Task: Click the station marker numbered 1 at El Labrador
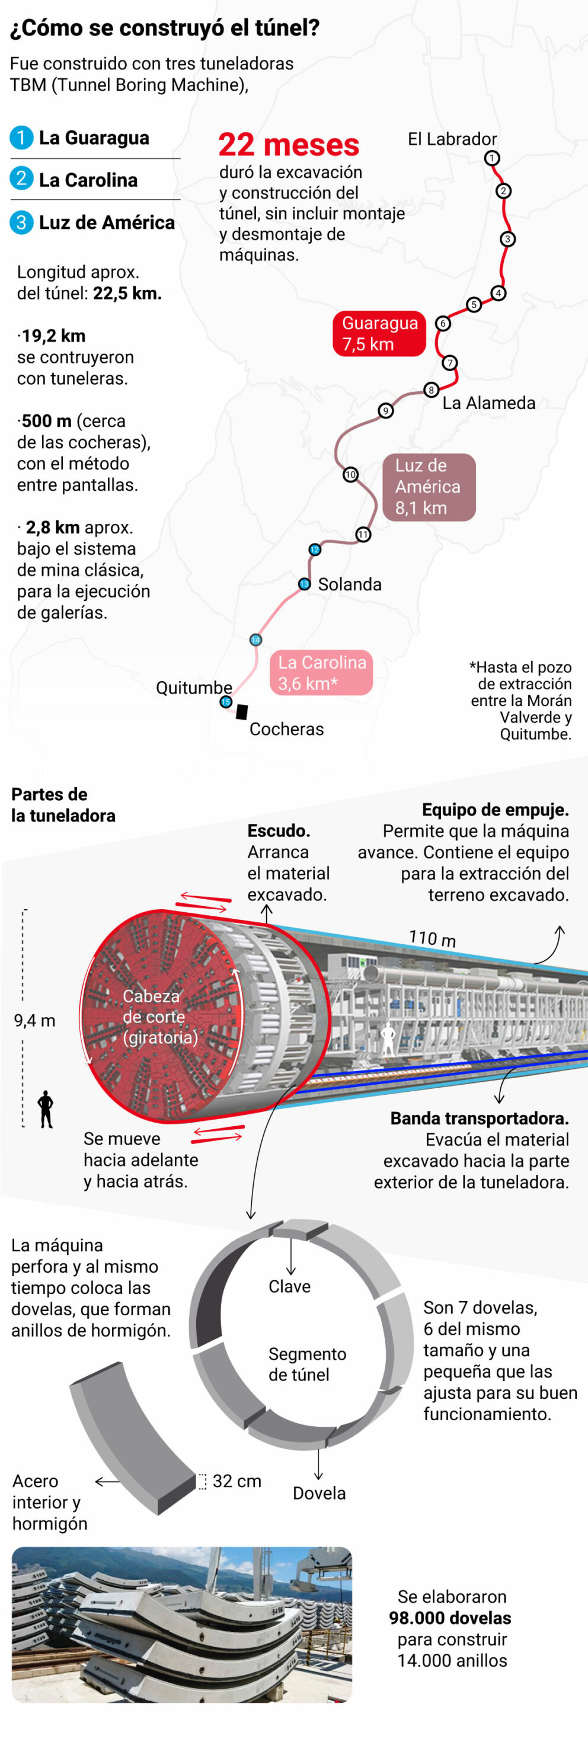(x=492, y=158)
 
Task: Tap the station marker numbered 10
(x=350, y=474)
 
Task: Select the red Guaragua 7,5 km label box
(x=379, y=333)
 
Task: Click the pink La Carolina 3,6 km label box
(x=322, y=673)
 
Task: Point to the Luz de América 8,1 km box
(x=429, y=487)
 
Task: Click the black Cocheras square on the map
(x=242, y=711)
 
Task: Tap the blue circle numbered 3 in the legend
(x=21, y=222)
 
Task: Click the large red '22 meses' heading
(x=289, y=145)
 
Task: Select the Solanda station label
(x=350, y=584)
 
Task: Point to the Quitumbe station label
(x=194, y=688)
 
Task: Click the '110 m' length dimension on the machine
(x=432, y=938)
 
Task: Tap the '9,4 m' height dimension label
(x=34, y=1020)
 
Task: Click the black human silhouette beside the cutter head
(x=46, y=1108)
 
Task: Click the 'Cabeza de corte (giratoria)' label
(x=161, y=1016)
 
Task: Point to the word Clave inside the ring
(x=289, y=1286)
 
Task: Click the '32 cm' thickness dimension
(x=237, y=1481)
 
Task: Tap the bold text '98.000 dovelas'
(x=450, y=1618)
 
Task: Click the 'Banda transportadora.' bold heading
(x=479, y=1118)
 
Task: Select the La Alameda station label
(x=488, y=403)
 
